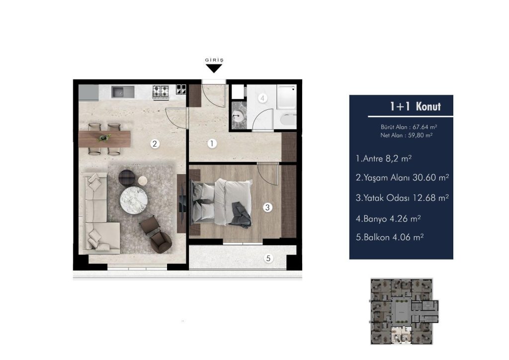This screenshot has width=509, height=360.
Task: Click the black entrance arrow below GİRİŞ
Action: click(x=214, y=68)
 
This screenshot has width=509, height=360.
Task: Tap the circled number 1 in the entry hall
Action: click(x=212, y=144)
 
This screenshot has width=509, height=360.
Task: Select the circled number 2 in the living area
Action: click(x=155, y=144)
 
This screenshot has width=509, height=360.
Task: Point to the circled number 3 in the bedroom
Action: click(x=267, y=207)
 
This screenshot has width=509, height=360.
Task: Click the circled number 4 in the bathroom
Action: click(x=262, y=98)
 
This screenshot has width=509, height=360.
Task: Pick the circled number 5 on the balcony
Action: click(x=268, y=259)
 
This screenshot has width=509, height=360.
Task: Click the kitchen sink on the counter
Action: click(x=123, y=92)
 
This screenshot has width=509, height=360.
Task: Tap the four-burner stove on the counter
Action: click(x=161, y=91)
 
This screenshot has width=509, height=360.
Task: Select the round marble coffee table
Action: click(x=134, y=200)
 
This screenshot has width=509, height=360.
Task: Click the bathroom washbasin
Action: click(x=239, y=115)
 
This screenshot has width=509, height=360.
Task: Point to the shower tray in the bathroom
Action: click(x=286, y=97)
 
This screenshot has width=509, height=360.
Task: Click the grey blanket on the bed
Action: click(x=240, y=215)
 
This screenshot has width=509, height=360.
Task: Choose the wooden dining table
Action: click(x=104, y=139)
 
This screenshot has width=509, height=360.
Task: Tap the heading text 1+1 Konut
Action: click(x=416, y=106)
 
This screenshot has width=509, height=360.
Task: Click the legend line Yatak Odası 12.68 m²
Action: click(x=402, y=198)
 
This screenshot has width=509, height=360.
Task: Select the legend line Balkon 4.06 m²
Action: click(x=390, y=237)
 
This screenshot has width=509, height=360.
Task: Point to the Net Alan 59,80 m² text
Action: click(x=407, y=135)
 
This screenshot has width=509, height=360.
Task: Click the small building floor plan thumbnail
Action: click(x=405, y=311)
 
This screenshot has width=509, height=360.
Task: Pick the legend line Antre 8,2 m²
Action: click(x=384, y=159)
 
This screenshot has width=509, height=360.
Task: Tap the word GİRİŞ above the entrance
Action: click(x=214, y=60)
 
